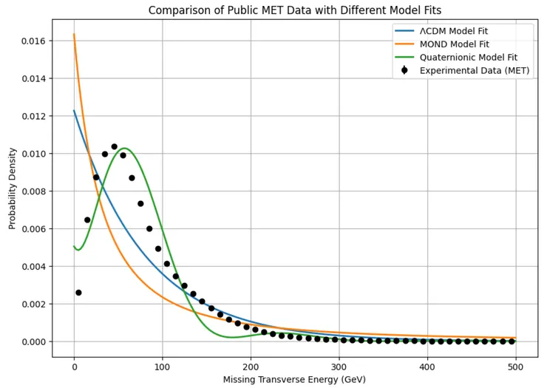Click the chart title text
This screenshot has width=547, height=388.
pos(295,10)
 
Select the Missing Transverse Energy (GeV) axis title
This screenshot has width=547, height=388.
pos(295,380)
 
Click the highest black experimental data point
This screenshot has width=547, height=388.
pos(114,146)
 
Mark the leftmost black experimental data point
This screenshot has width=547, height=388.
pos(78,293)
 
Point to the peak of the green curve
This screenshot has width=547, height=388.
pos(125,149)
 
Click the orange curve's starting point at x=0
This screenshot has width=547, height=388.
pos(74,35)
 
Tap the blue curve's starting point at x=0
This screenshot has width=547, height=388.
pos(74,111)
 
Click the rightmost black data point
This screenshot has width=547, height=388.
pos(512,341)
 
